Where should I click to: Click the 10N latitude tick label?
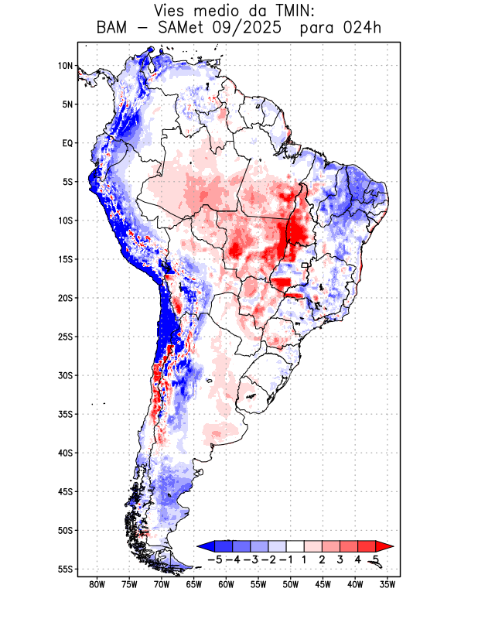pos(65,66)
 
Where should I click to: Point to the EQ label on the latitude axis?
pos(67,143)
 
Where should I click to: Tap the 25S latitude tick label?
pos(65,337)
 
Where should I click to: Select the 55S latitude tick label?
pos(65,569)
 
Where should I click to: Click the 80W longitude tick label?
pos(97,584)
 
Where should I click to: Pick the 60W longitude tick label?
pos(227,584)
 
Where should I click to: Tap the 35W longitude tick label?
pos(388,584)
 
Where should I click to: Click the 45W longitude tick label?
pos(323,584)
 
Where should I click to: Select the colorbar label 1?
pos(304,559)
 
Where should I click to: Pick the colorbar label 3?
pos(340,559)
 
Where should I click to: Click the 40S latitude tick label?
pos(65,453)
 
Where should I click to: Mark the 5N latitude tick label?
pos(67,104)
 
